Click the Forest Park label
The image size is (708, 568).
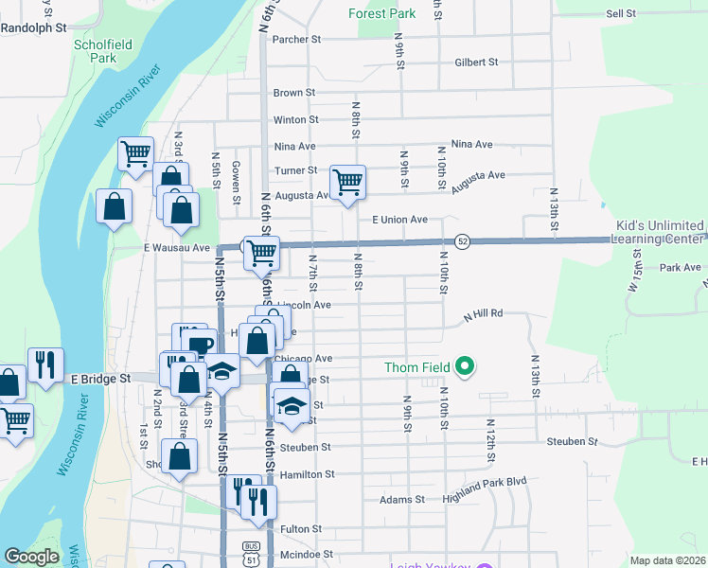381,13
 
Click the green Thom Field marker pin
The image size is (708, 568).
464,365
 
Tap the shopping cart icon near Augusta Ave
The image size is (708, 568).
347,181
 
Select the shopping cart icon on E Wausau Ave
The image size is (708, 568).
260,252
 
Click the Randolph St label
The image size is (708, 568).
33,28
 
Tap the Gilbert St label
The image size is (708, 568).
476,62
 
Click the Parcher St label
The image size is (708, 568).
297,40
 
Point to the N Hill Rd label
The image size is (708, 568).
482,313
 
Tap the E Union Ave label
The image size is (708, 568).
399,219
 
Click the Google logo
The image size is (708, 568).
31,557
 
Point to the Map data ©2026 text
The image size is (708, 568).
666,560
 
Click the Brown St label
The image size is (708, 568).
293,93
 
